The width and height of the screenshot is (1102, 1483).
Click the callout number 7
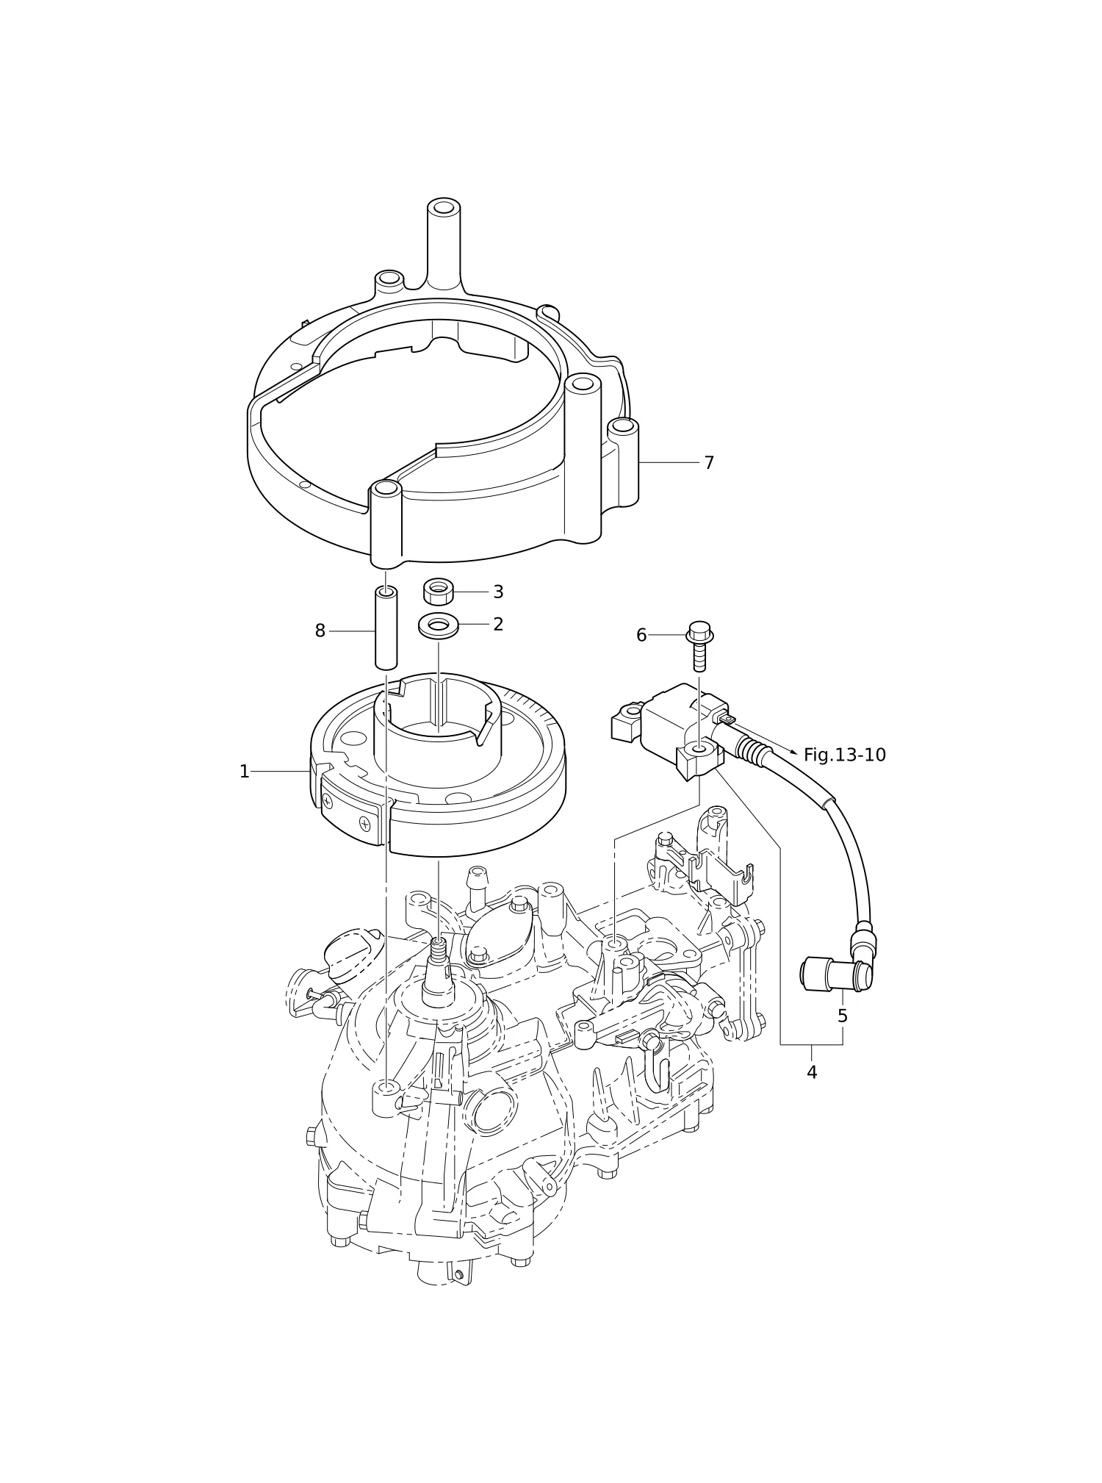coord(708,463)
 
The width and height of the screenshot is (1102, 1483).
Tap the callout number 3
coord(498,592)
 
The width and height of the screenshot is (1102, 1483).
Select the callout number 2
coord(498,624)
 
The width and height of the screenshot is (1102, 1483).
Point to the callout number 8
coord(320,631)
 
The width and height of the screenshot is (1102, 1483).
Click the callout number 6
coord(641,635)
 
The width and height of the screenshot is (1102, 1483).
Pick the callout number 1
coord(245,772)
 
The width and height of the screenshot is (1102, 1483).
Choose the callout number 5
coord(842,1016)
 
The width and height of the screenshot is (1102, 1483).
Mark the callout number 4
coord(812,1072)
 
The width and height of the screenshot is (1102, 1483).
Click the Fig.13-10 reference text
coord(845,755)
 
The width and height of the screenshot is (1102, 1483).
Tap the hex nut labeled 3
coord(439,592)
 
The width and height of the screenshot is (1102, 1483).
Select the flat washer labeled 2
coord(439,625)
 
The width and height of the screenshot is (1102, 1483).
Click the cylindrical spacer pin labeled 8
coord(386,628)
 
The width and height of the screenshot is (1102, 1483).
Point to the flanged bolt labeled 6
coord(699,646)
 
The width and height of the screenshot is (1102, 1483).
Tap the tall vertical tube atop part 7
coord(444,243)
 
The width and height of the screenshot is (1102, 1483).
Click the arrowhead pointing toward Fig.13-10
coord(793,753)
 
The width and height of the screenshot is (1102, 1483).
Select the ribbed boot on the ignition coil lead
coord(752,751)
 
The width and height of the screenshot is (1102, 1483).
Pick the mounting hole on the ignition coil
coord(699,750)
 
